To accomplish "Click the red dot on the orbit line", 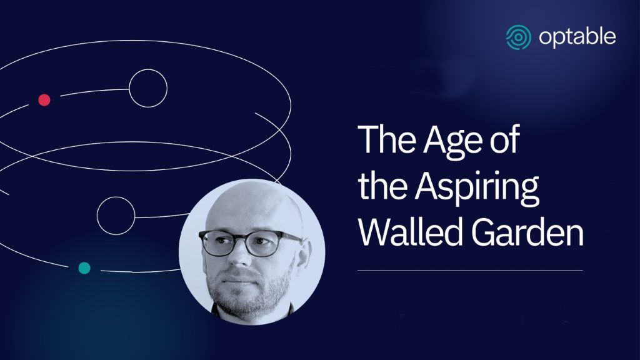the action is [x=44, y=100].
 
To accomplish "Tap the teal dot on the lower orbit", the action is [x=84, y=268].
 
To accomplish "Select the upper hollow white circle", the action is [x=129, y=88].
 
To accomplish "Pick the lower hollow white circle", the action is [x=97, y=216].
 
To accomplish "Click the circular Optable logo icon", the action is [x=518, y=37].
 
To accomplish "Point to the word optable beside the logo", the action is [x=577, y=37].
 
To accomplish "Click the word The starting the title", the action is [x=386, y=139].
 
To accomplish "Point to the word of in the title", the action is [x=504, y=139].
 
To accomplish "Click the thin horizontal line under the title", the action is [x=470, y=270].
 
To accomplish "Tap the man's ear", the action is [x=302, y=253].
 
